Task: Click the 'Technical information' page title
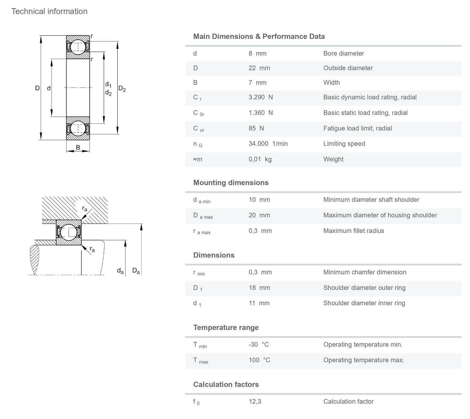coord(49,11)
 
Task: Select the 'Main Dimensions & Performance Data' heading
coord(259,36)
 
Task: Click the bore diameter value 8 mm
coord(257,53)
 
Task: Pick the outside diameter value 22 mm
coord(259,68)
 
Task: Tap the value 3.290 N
coord(260,97)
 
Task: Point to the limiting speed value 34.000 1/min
coord(268,144)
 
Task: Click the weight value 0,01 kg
coord(260,159)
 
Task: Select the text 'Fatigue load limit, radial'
coord(357,128)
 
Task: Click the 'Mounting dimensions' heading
coord(231,182)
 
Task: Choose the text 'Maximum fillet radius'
coord(354,231)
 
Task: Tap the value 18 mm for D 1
coord(259,288)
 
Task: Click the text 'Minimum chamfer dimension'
coord(365,272)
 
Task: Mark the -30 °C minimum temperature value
coord(259,344)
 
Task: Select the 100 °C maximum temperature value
coord(259,360)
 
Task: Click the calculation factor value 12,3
coord(255,402)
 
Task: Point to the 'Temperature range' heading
coord(226,327)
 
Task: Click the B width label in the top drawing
coord(78,147)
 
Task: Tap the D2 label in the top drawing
coord(122,88)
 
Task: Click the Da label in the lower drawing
coord(136,271)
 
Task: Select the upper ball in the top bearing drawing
coord(78,47)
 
